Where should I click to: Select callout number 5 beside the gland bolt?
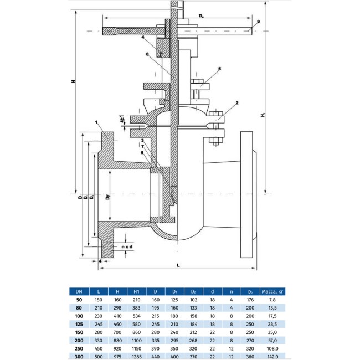point(219,69)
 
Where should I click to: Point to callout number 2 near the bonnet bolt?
point(236,103)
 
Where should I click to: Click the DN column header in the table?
point(79,290)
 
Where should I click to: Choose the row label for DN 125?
point(79,322)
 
